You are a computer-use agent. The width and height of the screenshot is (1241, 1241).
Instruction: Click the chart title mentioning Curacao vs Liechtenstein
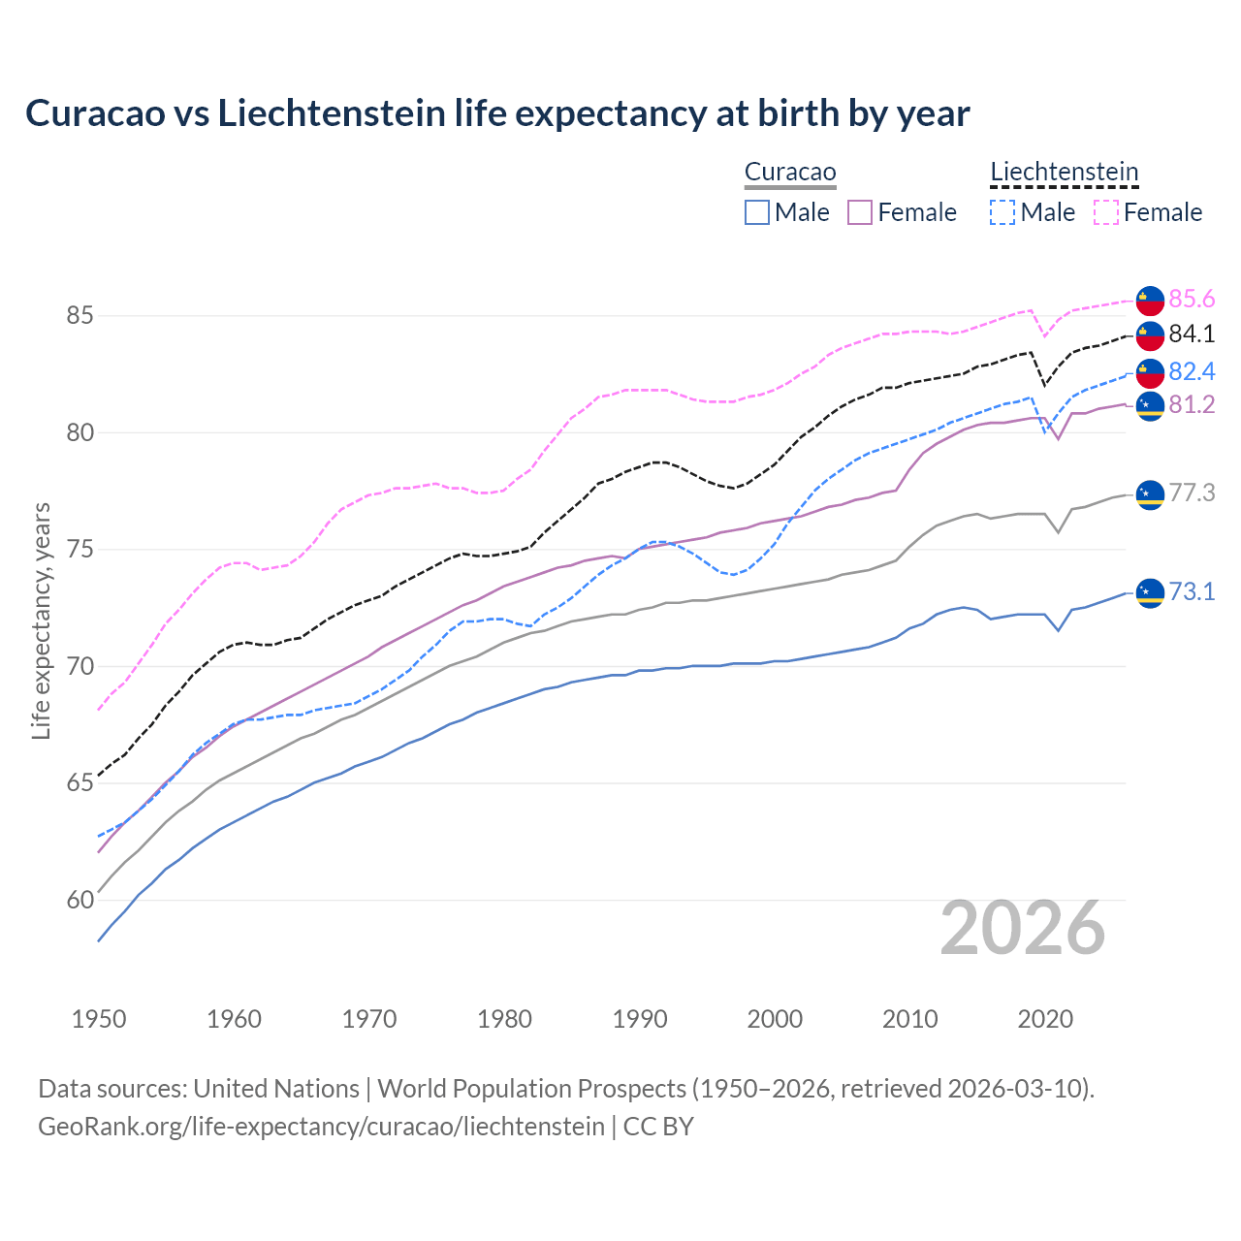[497, 113]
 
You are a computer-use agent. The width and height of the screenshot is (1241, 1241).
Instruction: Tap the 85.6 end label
[1192, 299]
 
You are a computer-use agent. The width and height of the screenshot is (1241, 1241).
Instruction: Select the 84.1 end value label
[1192, 334]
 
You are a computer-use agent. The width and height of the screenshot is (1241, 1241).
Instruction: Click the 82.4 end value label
[1192, 372]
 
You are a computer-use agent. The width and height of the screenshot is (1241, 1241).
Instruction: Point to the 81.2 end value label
[1192, 405]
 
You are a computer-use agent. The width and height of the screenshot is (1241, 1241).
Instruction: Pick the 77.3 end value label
[1192, 493]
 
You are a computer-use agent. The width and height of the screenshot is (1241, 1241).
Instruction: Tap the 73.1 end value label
[1192, 591]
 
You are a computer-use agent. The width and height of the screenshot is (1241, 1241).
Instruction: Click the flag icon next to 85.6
[1150, 301]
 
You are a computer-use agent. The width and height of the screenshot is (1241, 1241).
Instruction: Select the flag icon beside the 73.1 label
[1150, 591]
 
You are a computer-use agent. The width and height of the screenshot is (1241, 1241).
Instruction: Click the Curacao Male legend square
[757, 212]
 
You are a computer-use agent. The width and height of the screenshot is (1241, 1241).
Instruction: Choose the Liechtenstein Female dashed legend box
[1106, 212]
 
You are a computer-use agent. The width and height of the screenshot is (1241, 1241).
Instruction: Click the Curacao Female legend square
[860, 212]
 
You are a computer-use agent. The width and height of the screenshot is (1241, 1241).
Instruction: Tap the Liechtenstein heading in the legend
[1064, 173]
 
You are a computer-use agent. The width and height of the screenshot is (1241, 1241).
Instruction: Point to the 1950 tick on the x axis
[99, 1019]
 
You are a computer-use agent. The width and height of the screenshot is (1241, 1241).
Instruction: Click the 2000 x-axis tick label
[775, 1019]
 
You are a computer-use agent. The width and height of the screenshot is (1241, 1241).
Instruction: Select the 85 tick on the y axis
[80, 316]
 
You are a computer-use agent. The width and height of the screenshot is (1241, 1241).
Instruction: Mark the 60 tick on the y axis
[80, 901]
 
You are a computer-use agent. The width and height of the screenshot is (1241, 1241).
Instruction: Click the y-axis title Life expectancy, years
[42, 620]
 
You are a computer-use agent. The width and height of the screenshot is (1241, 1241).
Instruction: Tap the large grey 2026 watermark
[1023, 929]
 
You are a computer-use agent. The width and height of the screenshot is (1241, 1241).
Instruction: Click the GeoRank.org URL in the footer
[321, 1127]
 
